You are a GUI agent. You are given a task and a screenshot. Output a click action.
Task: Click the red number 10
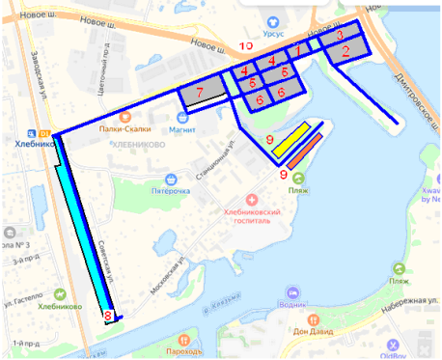pos(246,45)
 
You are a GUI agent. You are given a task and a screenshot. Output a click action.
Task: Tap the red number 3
pos(339,36)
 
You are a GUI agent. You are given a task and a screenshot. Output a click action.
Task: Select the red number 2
pos(346,54)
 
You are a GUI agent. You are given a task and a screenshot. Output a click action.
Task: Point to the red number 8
pos(108,316)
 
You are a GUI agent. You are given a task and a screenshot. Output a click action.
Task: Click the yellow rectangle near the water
pos(290,139)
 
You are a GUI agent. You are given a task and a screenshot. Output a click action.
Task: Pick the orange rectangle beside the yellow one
pos(302,151)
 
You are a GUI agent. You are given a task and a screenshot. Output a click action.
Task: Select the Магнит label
pos(182,128)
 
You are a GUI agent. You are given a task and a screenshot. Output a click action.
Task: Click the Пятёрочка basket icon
pos(171,178)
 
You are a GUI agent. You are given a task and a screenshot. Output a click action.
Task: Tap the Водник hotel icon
pos(286,289)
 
